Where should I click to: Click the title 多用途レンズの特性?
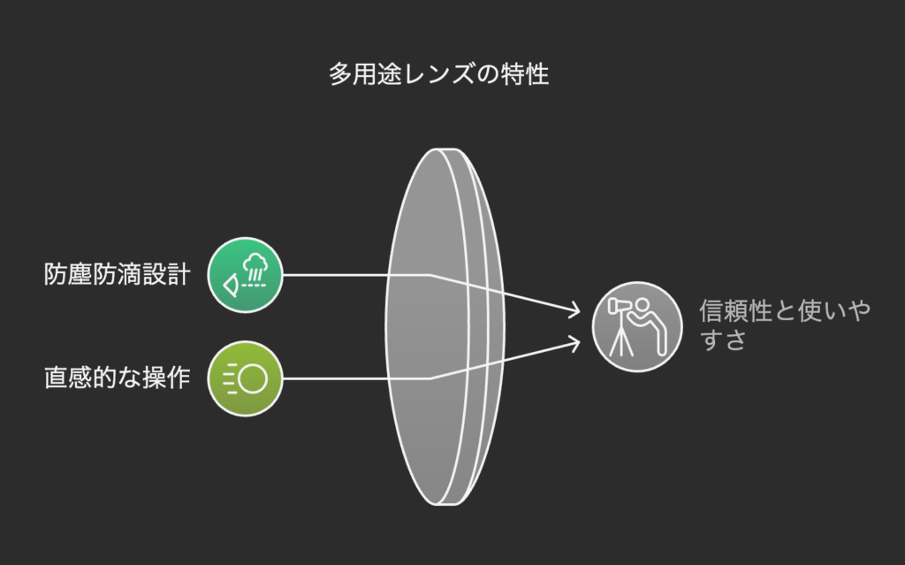(438, 74)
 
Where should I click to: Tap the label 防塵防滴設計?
(118, 274)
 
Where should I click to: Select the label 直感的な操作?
(118, 378)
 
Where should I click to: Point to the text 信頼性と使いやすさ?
(785, 324)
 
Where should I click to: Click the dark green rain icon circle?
(246, 275)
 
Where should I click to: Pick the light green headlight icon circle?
(246, 378)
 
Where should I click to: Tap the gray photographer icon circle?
(637, 327)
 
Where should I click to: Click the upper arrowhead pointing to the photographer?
(574, 310)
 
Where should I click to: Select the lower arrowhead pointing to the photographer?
(574, 343)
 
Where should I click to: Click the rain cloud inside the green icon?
(255, 263)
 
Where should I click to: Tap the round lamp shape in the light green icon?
(253, 379)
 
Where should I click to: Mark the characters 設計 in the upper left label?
(166, 274)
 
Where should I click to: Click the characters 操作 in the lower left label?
(166, 378)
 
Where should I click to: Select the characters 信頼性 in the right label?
(736, 311)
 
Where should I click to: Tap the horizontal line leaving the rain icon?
(357, 275)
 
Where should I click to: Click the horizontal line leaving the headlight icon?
(357, 378)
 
